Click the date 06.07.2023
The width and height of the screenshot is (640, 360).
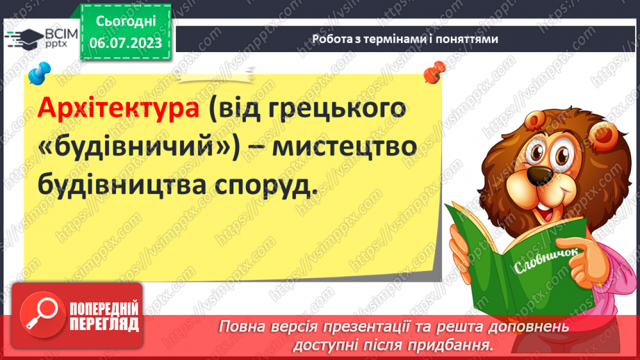(x=126, y=42)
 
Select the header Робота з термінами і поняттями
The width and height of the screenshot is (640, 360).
(x=404, y=39)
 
